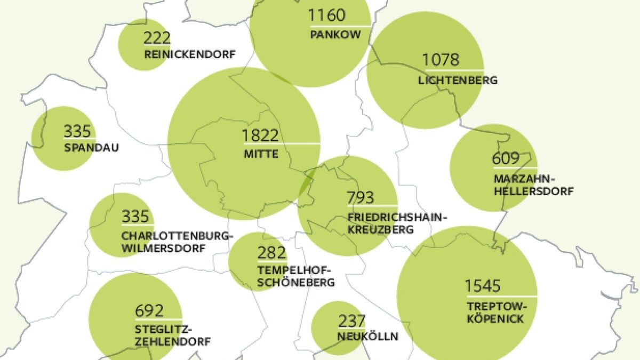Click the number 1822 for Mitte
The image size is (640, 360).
[x=261, y=135]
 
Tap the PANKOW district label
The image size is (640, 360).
[x=335, y=35]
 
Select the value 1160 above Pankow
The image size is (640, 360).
[x=327, y=15]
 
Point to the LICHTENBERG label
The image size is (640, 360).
[x=458, y=81]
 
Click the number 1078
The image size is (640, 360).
[x=441, y=60]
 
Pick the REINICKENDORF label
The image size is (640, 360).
[x=189, y=54]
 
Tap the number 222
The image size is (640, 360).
[x=157, y=38]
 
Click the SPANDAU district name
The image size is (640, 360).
[x=91, y=148]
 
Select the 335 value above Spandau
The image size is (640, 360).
[x=77, y=131]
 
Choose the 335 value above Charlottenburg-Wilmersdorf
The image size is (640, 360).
[x=135, y=217]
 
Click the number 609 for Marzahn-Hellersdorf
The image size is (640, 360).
[x=506, y=159]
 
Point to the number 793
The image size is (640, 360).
[x=361, y=198]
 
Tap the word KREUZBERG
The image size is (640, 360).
[x=380, y=230]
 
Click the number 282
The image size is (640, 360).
[x=271, y=253]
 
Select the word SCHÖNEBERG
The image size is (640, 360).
[x=296, y=283]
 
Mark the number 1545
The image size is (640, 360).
[x=483, y=286]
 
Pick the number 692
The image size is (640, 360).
[x=150, y=310]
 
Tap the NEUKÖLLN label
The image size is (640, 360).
[x=368, y=337]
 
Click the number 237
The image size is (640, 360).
[x=352, y=321]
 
